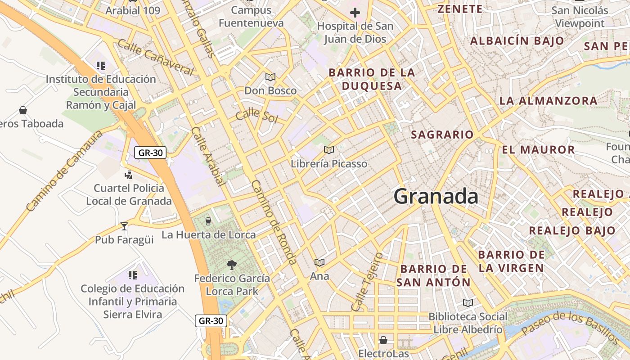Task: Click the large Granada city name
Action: coord(436,197)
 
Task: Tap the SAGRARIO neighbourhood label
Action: coord(442,135)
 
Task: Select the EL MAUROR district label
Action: coord(538,150)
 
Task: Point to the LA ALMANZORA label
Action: coord(548,101)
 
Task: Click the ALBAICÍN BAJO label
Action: coord(517,41)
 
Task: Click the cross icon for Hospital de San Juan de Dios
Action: coord(355,13)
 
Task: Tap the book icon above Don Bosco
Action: coord(270,77)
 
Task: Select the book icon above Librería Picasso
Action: coord(329,150)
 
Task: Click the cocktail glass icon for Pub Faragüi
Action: coord(124,226)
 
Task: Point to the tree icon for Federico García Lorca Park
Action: coord(232,265)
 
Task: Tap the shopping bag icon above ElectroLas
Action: coord(383,340)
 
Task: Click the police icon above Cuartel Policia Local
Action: coord(129,174)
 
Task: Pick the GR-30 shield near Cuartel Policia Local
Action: coord(151,153)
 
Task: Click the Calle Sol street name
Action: coord(256,115)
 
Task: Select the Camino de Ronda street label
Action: coord(274,222)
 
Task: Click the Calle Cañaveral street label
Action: coord(155,57)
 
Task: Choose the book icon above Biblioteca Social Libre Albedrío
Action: coord(468,303)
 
